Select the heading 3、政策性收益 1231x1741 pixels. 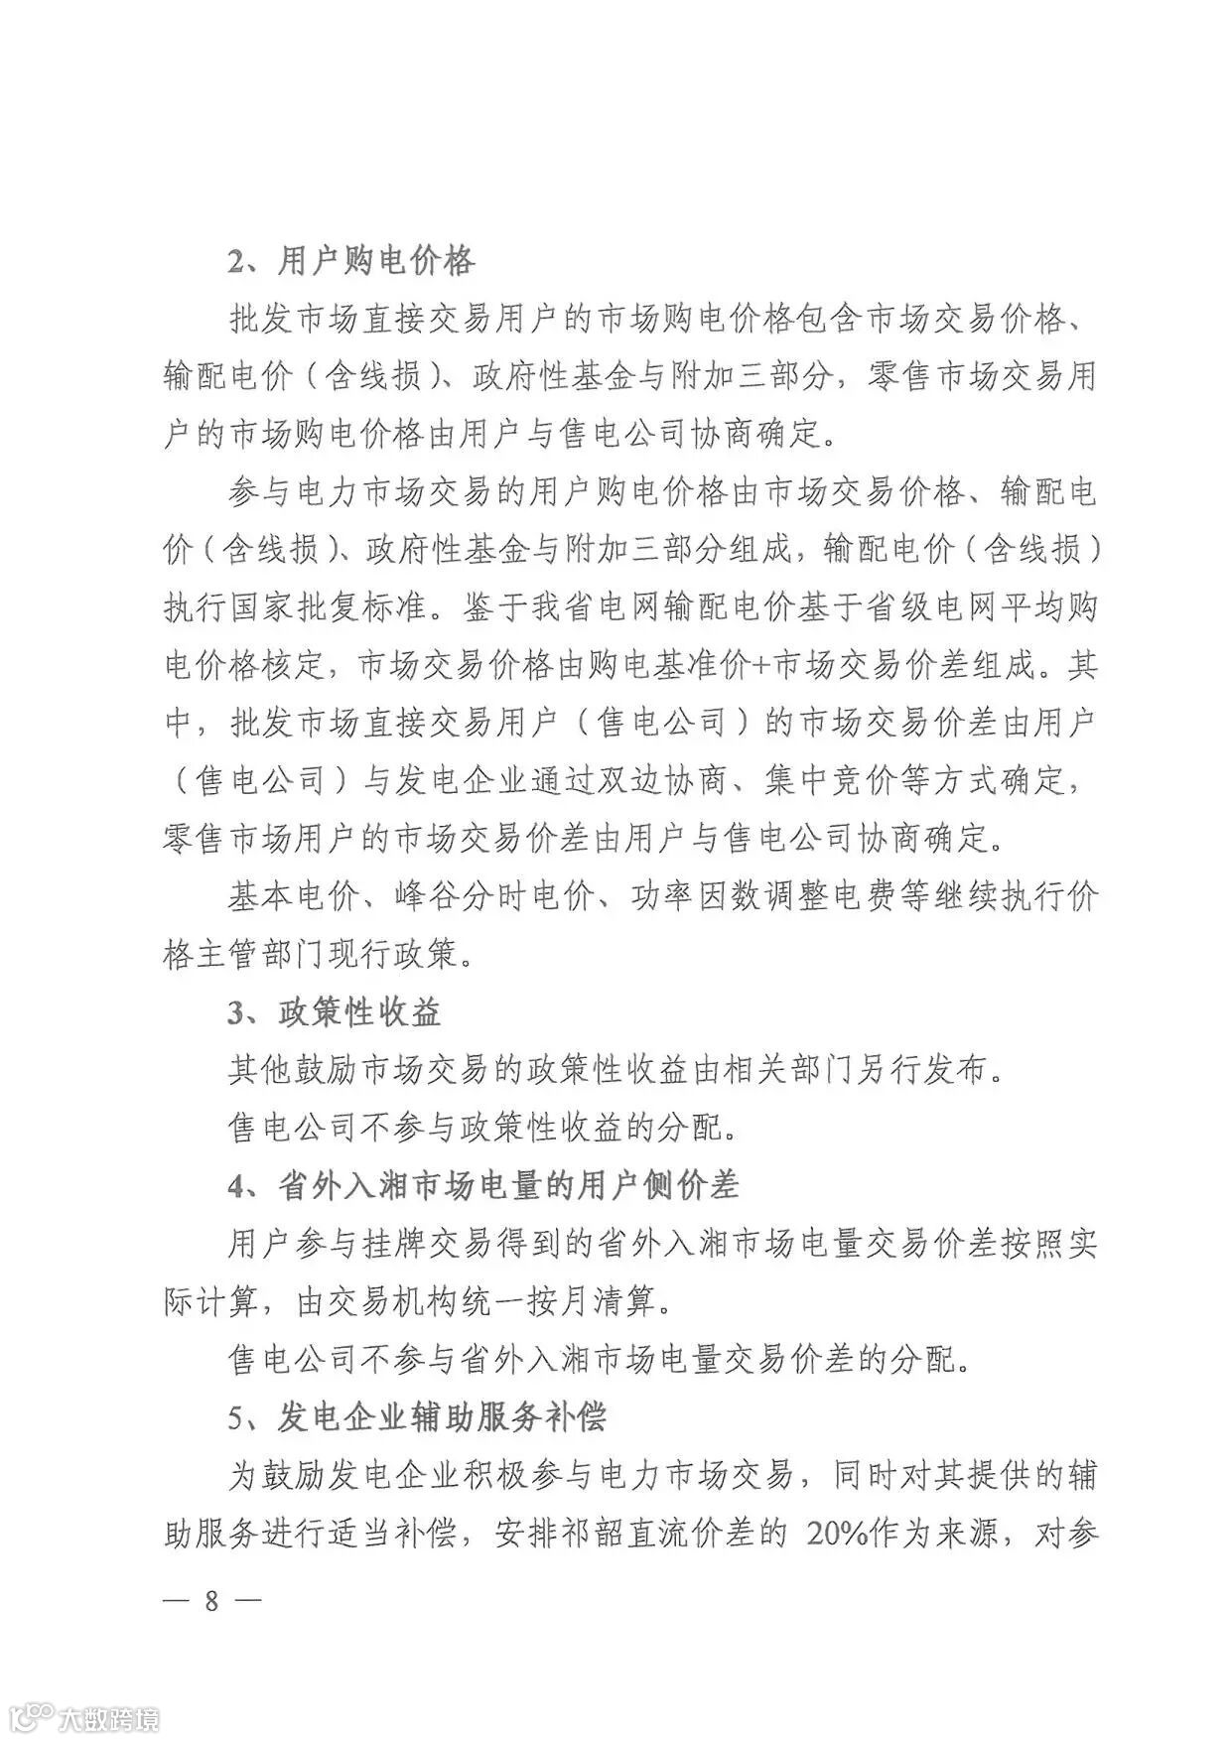335,1013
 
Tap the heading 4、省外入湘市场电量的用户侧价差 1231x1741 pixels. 483,1186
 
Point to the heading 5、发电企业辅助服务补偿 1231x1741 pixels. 417,1417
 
